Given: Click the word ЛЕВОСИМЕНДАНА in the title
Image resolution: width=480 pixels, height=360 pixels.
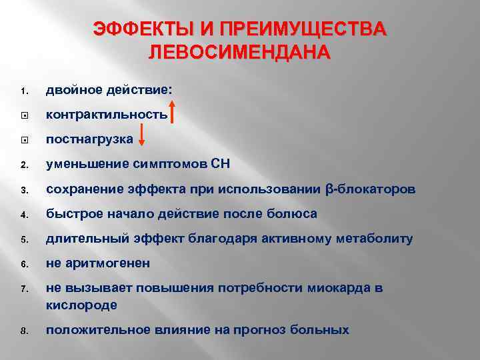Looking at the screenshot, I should (239, 53).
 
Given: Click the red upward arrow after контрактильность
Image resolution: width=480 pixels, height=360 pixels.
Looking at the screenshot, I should (172, 113).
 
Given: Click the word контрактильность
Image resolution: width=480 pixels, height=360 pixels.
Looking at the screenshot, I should (107, 115).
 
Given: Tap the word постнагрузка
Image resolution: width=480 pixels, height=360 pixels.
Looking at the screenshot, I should (89, 139).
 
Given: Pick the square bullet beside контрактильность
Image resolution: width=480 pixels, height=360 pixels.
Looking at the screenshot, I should (23, 115).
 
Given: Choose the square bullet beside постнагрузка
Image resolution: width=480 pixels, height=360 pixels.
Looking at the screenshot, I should (23, 140).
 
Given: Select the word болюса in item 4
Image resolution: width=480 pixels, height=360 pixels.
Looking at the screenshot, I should (293, 214).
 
